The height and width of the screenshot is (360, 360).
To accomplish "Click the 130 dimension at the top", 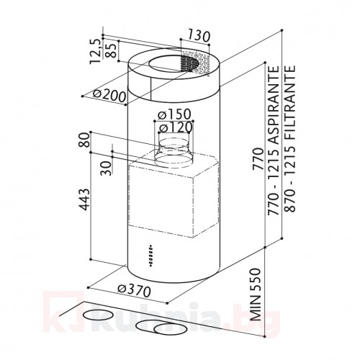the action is point(199,35).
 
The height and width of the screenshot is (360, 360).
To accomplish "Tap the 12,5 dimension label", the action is point(95,52).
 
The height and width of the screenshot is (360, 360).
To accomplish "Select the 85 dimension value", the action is point(112,50).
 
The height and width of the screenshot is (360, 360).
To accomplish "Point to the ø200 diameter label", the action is point(109,95).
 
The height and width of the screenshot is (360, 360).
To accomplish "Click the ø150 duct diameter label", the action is point(174,114).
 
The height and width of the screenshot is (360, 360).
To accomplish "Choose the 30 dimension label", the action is point(107,168).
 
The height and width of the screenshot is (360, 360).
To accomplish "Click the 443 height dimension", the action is point(84,199).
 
